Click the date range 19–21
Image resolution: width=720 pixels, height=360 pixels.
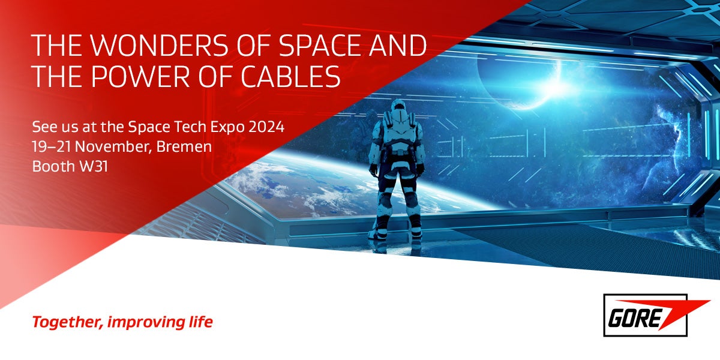(52, 147)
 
